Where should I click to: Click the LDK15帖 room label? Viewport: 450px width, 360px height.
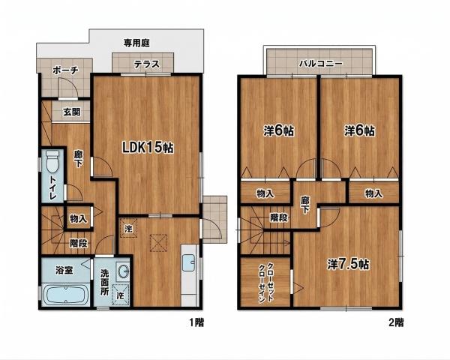pos(148,148)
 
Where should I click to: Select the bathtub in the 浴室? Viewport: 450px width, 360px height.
pos(66,295)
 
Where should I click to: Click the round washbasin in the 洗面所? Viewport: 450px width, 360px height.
pos(124,271)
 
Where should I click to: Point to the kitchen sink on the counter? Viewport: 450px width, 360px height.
pos(188,262)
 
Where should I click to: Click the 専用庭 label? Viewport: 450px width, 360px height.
pos(136,43)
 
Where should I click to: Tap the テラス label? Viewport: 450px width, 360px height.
pos(147,64)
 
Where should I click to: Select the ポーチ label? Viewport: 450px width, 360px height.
pos(65,70)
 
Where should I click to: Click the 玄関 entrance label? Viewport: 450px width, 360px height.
pos(72,112)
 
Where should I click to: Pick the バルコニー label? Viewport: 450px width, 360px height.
pos(321,63)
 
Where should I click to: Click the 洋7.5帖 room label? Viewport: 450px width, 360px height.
pos(348,265)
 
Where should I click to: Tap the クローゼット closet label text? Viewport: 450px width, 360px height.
pos(270,283)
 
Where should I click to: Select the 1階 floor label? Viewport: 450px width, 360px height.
pos(196,322)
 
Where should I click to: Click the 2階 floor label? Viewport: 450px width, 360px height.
pos(396,322)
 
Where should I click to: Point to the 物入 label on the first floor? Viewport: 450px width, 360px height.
pos(78,219)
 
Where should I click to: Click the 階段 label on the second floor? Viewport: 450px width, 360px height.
pos(279,217)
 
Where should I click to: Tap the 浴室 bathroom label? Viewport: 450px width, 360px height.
pos(64,270)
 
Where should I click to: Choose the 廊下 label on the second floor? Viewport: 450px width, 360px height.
pos(304,205)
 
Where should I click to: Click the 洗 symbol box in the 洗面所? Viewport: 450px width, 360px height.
pos(121,295)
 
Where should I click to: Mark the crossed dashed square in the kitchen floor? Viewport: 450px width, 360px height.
pos(158,243)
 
